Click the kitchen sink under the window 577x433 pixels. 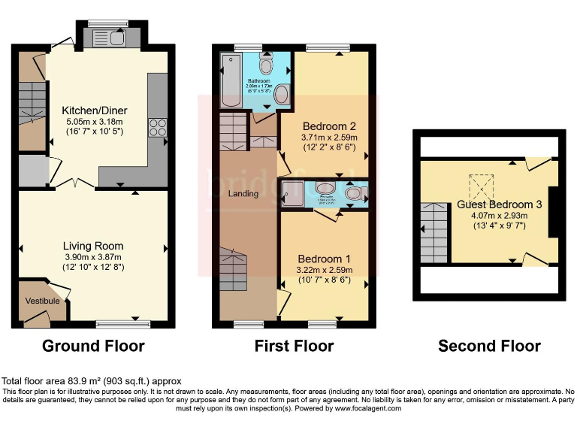click(109, 38)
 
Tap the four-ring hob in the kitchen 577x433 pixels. click(159, 127)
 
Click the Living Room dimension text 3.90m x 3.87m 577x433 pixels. click(93, 257)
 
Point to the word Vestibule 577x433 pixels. click(42, 301)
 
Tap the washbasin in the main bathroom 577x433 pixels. click(282, 95)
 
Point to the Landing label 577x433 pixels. click(243, 194)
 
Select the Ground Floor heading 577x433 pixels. click(93, 346)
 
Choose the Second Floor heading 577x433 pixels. click(489, 346)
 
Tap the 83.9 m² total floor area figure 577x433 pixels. click(82, 382)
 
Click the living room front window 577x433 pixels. click(122, 324)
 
